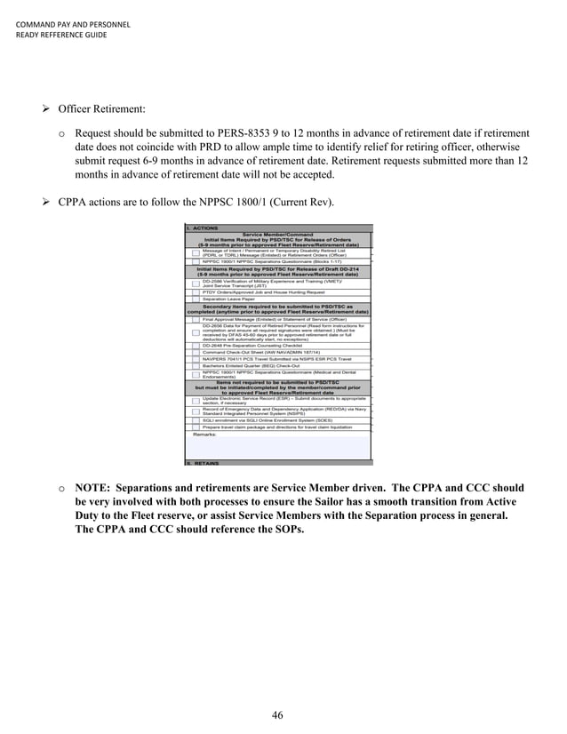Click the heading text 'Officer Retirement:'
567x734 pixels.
pyautogui.click(x=101, y=108)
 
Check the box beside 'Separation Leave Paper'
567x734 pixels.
pyautogui.click(x=195, y=299)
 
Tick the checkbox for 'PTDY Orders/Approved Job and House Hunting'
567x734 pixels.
pyautogui.click(x=195, y=291)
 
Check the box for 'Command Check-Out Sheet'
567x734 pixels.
pyautogui.click(x=195, y=352)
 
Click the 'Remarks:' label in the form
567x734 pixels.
pyautogui.click(x=205, y=434)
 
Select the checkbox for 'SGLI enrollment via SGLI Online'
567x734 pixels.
pyautogui.click(x=195, y=419)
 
